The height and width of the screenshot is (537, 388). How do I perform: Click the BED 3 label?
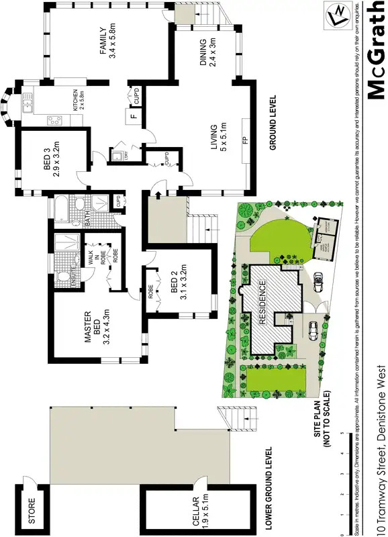point(52,162)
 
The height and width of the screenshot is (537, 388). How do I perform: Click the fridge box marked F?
point(133,118)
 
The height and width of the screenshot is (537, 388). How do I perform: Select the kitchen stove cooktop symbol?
point(54,121)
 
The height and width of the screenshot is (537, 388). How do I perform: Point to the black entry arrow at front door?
point(158,195)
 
